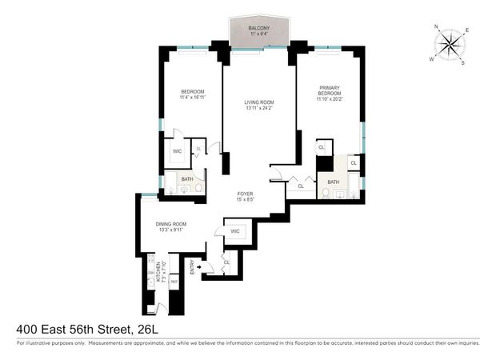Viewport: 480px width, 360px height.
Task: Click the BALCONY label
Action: (x=258, y=28)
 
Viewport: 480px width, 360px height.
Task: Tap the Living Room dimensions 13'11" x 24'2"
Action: (x=259, y=109)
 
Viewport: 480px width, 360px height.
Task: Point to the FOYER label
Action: (x=246, y=194)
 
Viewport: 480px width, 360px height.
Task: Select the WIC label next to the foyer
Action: (x=235, y=231)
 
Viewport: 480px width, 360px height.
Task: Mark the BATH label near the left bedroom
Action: (x=186, y=179)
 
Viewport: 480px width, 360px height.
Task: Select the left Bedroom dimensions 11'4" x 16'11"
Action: (x=193, y=98)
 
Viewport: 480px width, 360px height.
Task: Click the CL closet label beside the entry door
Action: (x=226, y=262)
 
